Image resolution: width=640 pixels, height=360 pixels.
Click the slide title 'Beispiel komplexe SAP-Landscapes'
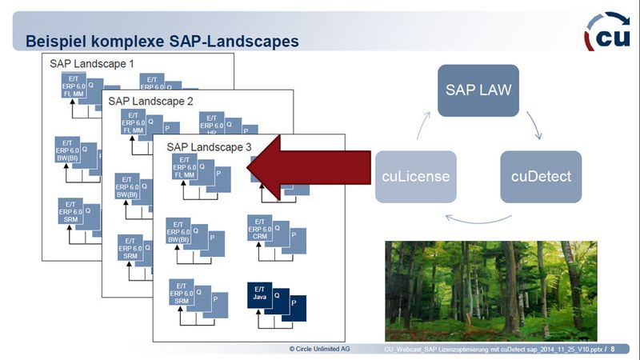(x=163, y=39)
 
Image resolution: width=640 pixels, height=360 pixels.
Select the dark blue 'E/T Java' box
(x=259, y=294)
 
